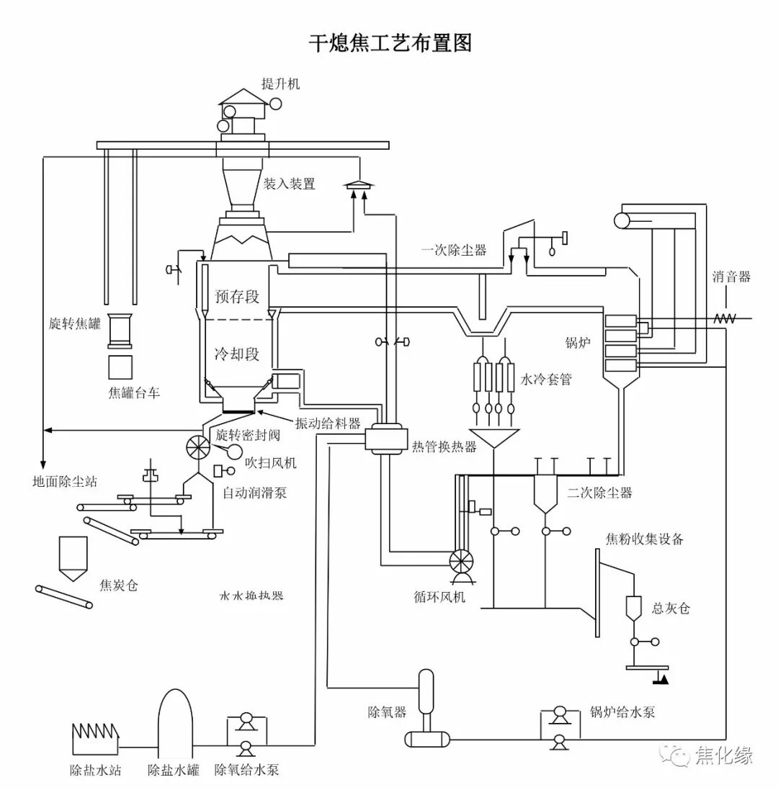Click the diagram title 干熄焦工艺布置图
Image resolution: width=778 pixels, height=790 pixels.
[390, 43]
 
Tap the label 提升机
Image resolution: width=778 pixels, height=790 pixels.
[281, 84]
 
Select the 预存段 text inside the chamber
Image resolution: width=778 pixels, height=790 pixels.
[236, 296]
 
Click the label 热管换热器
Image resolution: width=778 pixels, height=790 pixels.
[444, 446]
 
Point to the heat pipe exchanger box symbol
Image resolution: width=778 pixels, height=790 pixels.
[383, 438]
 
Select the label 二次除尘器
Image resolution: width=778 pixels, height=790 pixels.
[599, 493]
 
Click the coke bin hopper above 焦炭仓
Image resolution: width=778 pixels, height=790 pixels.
[73, 559]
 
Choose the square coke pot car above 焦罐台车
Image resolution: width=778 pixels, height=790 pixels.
[120, 367]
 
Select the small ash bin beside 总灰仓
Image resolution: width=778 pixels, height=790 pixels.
[634, 609]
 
